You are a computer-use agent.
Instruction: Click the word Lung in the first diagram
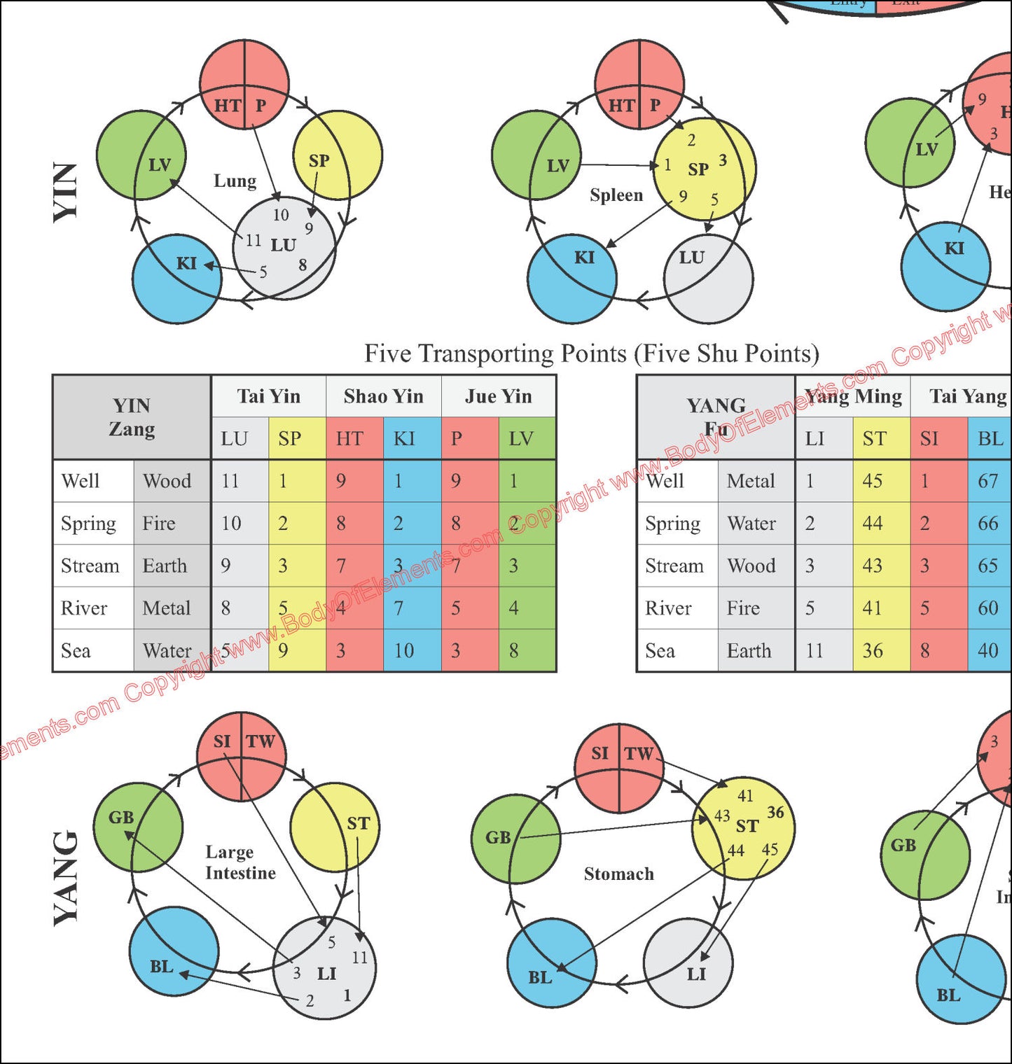235,181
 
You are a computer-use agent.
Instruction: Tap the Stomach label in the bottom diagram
619,874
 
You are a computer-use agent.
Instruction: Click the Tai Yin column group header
268,396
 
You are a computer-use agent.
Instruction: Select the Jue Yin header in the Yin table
499,396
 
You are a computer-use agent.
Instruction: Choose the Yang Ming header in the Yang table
853,396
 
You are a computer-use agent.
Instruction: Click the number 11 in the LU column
230,481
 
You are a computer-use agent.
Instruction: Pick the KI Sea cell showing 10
404,650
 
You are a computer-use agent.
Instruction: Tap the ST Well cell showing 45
873,481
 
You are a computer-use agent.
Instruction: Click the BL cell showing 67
987,481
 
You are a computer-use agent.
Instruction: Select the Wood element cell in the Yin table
167,481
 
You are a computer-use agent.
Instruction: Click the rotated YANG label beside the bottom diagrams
66,878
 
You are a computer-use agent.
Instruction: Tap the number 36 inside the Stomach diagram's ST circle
775,812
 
